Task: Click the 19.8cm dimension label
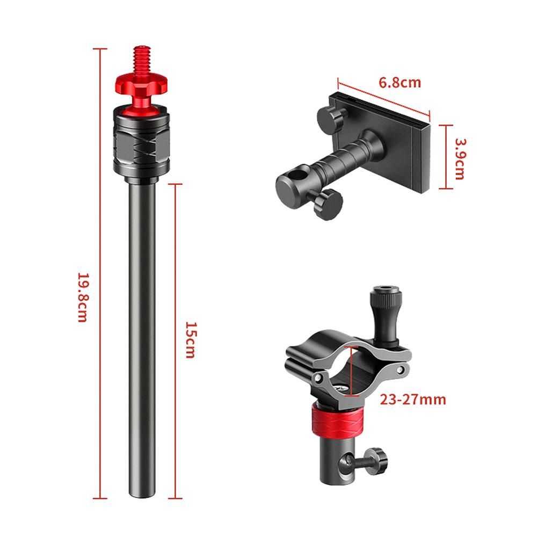coord(83,297)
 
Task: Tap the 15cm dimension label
coord(191,340)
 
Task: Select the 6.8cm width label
coord(400,83)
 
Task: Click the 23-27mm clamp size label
coord(413,400)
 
